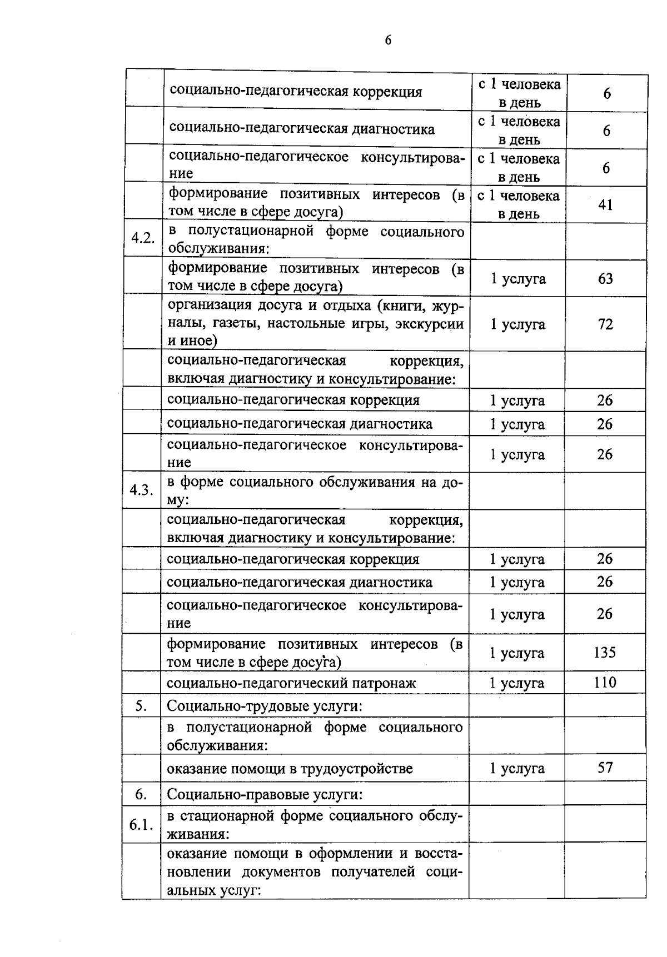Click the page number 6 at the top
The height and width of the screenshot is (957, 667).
[x=388, y=40]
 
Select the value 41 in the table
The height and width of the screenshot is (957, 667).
[x=605, y=205]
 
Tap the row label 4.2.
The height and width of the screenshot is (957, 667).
[x=143, y=238]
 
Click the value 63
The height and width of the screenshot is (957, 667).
[x=605, y=278]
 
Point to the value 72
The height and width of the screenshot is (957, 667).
[x=605, y=324]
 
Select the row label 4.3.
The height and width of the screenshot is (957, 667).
[x=142, y=490]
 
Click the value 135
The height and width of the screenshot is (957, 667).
[x=605, y=652]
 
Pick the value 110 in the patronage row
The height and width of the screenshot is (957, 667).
[x=605, y=682]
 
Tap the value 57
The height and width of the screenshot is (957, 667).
[x=605, y=768]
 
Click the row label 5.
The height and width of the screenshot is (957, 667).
[x=141, y=705]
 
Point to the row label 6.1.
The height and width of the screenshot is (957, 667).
[x=141, y=825]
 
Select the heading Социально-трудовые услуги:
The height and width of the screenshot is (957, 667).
[x=265, y=706]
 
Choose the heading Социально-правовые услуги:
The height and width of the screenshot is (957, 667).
[x=265, y=795]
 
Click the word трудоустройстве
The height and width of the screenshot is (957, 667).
[x=357, y=769]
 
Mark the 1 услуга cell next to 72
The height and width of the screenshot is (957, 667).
[x=517, y=324]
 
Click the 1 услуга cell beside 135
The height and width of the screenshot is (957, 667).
[x=517, y=653]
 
